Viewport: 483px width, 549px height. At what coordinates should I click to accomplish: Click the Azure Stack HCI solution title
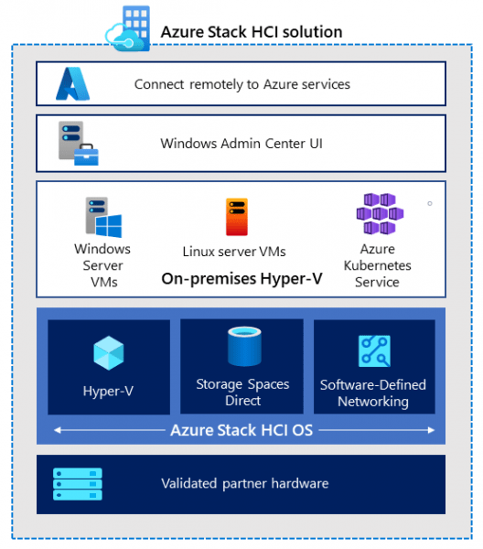[251, 32]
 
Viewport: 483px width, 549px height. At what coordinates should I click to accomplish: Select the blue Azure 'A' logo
[73, 83]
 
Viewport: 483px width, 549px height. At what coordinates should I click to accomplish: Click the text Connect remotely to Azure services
[241, 84]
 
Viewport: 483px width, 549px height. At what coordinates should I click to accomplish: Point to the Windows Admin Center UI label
[241, 143]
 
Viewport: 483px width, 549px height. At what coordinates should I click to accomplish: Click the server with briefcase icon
[78, 143]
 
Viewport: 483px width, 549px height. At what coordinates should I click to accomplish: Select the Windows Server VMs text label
[102, 265]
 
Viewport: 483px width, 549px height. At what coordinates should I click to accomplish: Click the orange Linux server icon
[237, 218]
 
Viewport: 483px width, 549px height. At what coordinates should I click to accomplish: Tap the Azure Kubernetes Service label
[377, 265]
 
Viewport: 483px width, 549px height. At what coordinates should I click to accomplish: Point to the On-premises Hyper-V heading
[241, 279]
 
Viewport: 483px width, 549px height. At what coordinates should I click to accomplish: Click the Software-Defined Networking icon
[373, 352]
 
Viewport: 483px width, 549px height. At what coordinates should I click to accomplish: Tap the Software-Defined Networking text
[372, 393]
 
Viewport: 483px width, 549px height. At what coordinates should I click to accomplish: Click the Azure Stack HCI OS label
[241, 429]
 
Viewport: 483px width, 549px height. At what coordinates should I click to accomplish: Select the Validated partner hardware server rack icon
[78, 484]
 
